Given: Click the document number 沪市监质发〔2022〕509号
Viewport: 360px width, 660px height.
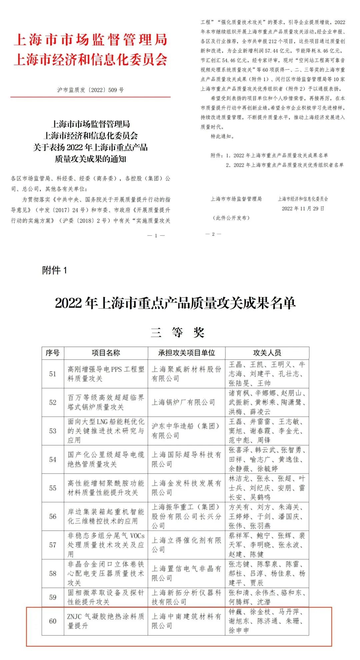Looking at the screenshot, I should (x=90, y=90).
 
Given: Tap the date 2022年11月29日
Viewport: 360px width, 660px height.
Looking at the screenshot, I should (x=303, y=209).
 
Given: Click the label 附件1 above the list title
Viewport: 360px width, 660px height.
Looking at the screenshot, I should (x=54, y=270).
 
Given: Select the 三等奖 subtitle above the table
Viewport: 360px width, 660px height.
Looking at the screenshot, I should (x=177, y=332).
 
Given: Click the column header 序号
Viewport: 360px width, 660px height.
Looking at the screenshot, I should (x=53, y=353).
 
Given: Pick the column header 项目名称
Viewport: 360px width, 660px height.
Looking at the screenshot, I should (x=106, y=353).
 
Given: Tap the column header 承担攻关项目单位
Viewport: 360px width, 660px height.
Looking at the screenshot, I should (x=186, y=353).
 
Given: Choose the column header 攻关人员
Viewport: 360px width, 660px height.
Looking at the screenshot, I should (x=267, y=353).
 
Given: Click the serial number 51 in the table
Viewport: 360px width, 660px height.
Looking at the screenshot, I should (x=53, y=374).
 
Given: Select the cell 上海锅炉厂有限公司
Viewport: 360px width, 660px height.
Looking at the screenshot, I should (x=183, y=402).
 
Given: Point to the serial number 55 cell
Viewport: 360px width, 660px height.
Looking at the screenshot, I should (x=53, y=488).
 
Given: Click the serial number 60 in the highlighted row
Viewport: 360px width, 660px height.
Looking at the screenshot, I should (x=53, y=621).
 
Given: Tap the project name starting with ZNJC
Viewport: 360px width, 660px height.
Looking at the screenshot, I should (x=106, y=621).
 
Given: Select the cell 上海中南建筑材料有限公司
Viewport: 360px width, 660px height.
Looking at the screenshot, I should (x=186, y=621).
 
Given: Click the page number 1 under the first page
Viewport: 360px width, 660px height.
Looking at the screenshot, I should (x=156, y=236).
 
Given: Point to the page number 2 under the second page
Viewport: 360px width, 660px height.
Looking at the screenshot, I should (x=213, y=234).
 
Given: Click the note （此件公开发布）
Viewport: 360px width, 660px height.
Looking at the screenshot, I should (x=231, y=218).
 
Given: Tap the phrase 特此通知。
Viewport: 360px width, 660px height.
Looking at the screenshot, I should (x=222, y=136).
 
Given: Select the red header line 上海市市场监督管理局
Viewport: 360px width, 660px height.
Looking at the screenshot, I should (x=90, y=40).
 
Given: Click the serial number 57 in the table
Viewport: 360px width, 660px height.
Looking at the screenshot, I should (x=53, y=545).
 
